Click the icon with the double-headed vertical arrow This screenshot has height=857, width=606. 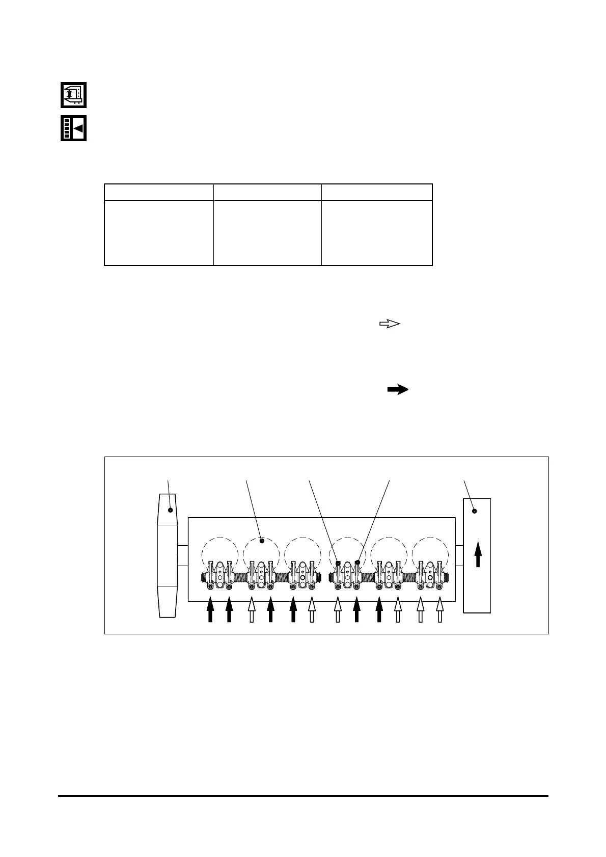[x=74, y=95]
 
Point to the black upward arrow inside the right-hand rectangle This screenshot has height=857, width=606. [x=478, y=554]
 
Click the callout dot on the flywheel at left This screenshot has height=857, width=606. [x=171, y=510]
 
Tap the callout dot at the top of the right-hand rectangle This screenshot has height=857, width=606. [x=475, y=511]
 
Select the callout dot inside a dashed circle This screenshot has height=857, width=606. [x=262, y=541]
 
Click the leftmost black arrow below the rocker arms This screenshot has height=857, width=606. [x=210, y=609]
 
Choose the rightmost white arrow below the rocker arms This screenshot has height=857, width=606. [x=440, y=609]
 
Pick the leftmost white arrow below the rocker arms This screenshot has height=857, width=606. [x=251, y=609]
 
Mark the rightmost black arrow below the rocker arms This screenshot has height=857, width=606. [x=379, y=609]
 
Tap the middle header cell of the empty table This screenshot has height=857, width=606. [x=267, y=192]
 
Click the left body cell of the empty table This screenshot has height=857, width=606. [x=159, y=233]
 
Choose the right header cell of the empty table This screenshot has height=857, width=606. [x=377, y=192]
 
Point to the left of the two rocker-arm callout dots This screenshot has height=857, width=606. [x=338, y=563]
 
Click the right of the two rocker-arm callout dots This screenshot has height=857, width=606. [x=357, y=563]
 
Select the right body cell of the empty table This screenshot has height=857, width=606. [x=377, y=233]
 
